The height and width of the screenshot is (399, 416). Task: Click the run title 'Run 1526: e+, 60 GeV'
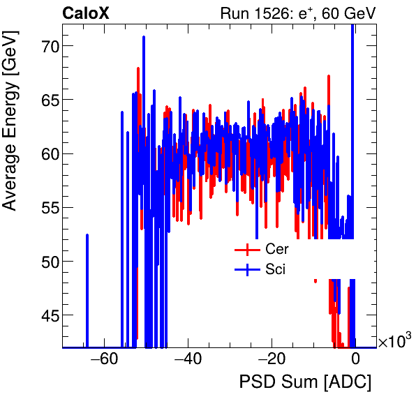298,13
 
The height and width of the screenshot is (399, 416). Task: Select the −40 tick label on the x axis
188,360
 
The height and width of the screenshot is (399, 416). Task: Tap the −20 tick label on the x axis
272,360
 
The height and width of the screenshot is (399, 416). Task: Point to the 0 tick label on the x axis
355,360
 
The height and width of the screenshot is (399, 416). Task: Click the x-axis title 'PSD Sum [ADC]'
305,382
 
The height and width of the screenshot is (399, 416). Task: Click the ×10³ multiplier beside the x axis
394,342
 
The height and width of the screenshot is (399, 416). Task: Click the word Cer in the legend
276,249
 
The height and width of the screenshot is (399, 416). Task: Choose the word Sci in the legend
275,270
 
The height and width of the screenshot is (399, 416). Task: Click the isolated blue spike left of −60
87,289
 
